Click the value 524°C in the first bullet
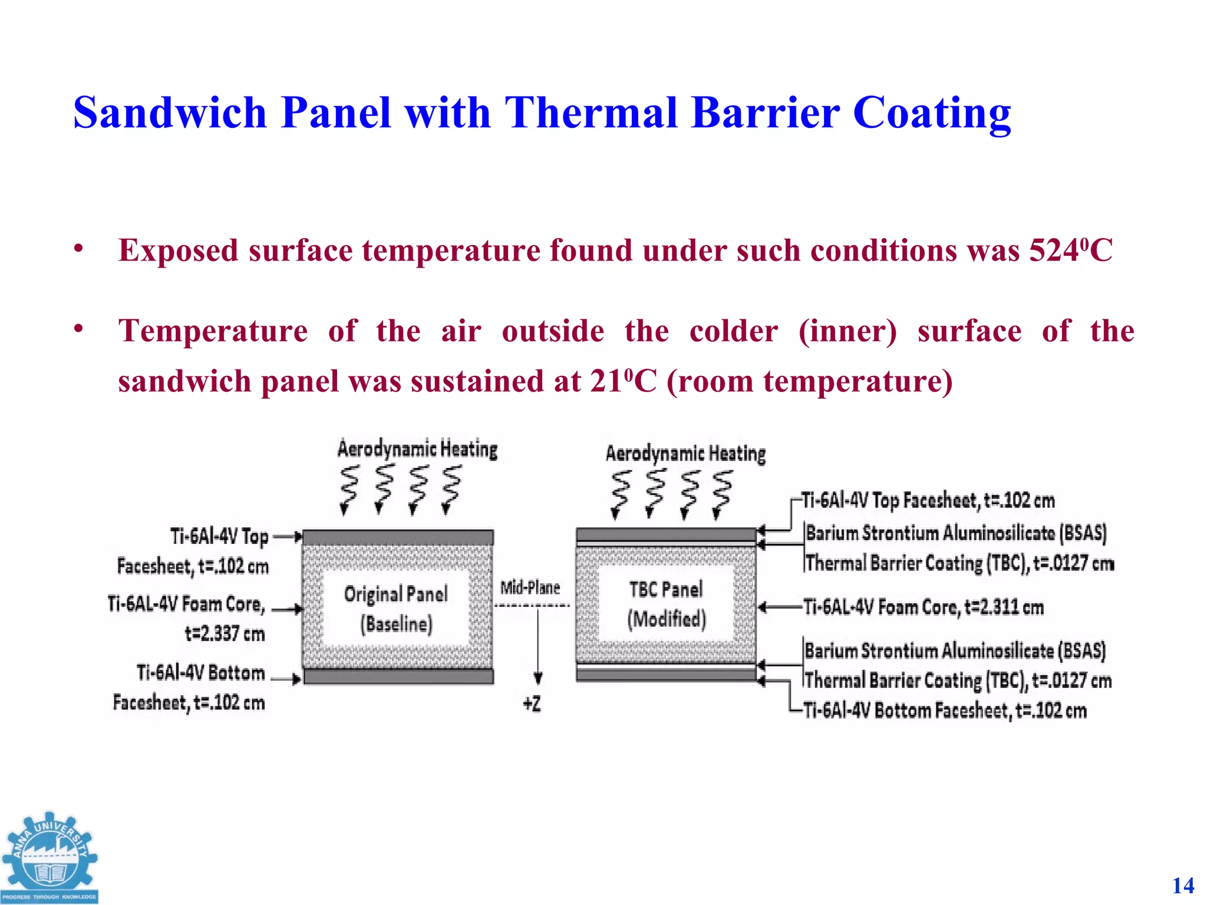(x=1070, y=250)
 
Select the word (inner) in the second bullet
(x=847, y=331)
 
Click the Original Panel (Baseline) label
(x=396, y=608)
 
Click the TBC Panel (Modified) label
(x=666, y=604)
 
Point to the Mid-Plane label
(x=530, y=587)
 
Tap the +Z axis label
(x=532, y=703)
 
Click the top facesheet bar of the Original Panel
(x=398, y=537)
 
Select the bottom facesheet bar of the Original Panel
(x=398, y=676)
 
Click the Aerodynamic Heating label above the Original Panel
(x=417, y=449)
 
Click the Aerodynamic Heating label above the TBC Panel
(x=685, y=454)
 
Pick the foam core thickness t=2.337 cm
(x=225, y=634)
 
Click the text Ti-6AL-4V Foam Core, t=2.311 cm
(x=924, y=607)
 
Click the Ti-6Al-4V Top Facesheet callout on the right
(x=928, y=500)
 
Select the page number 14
(x=1183, y=886)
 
